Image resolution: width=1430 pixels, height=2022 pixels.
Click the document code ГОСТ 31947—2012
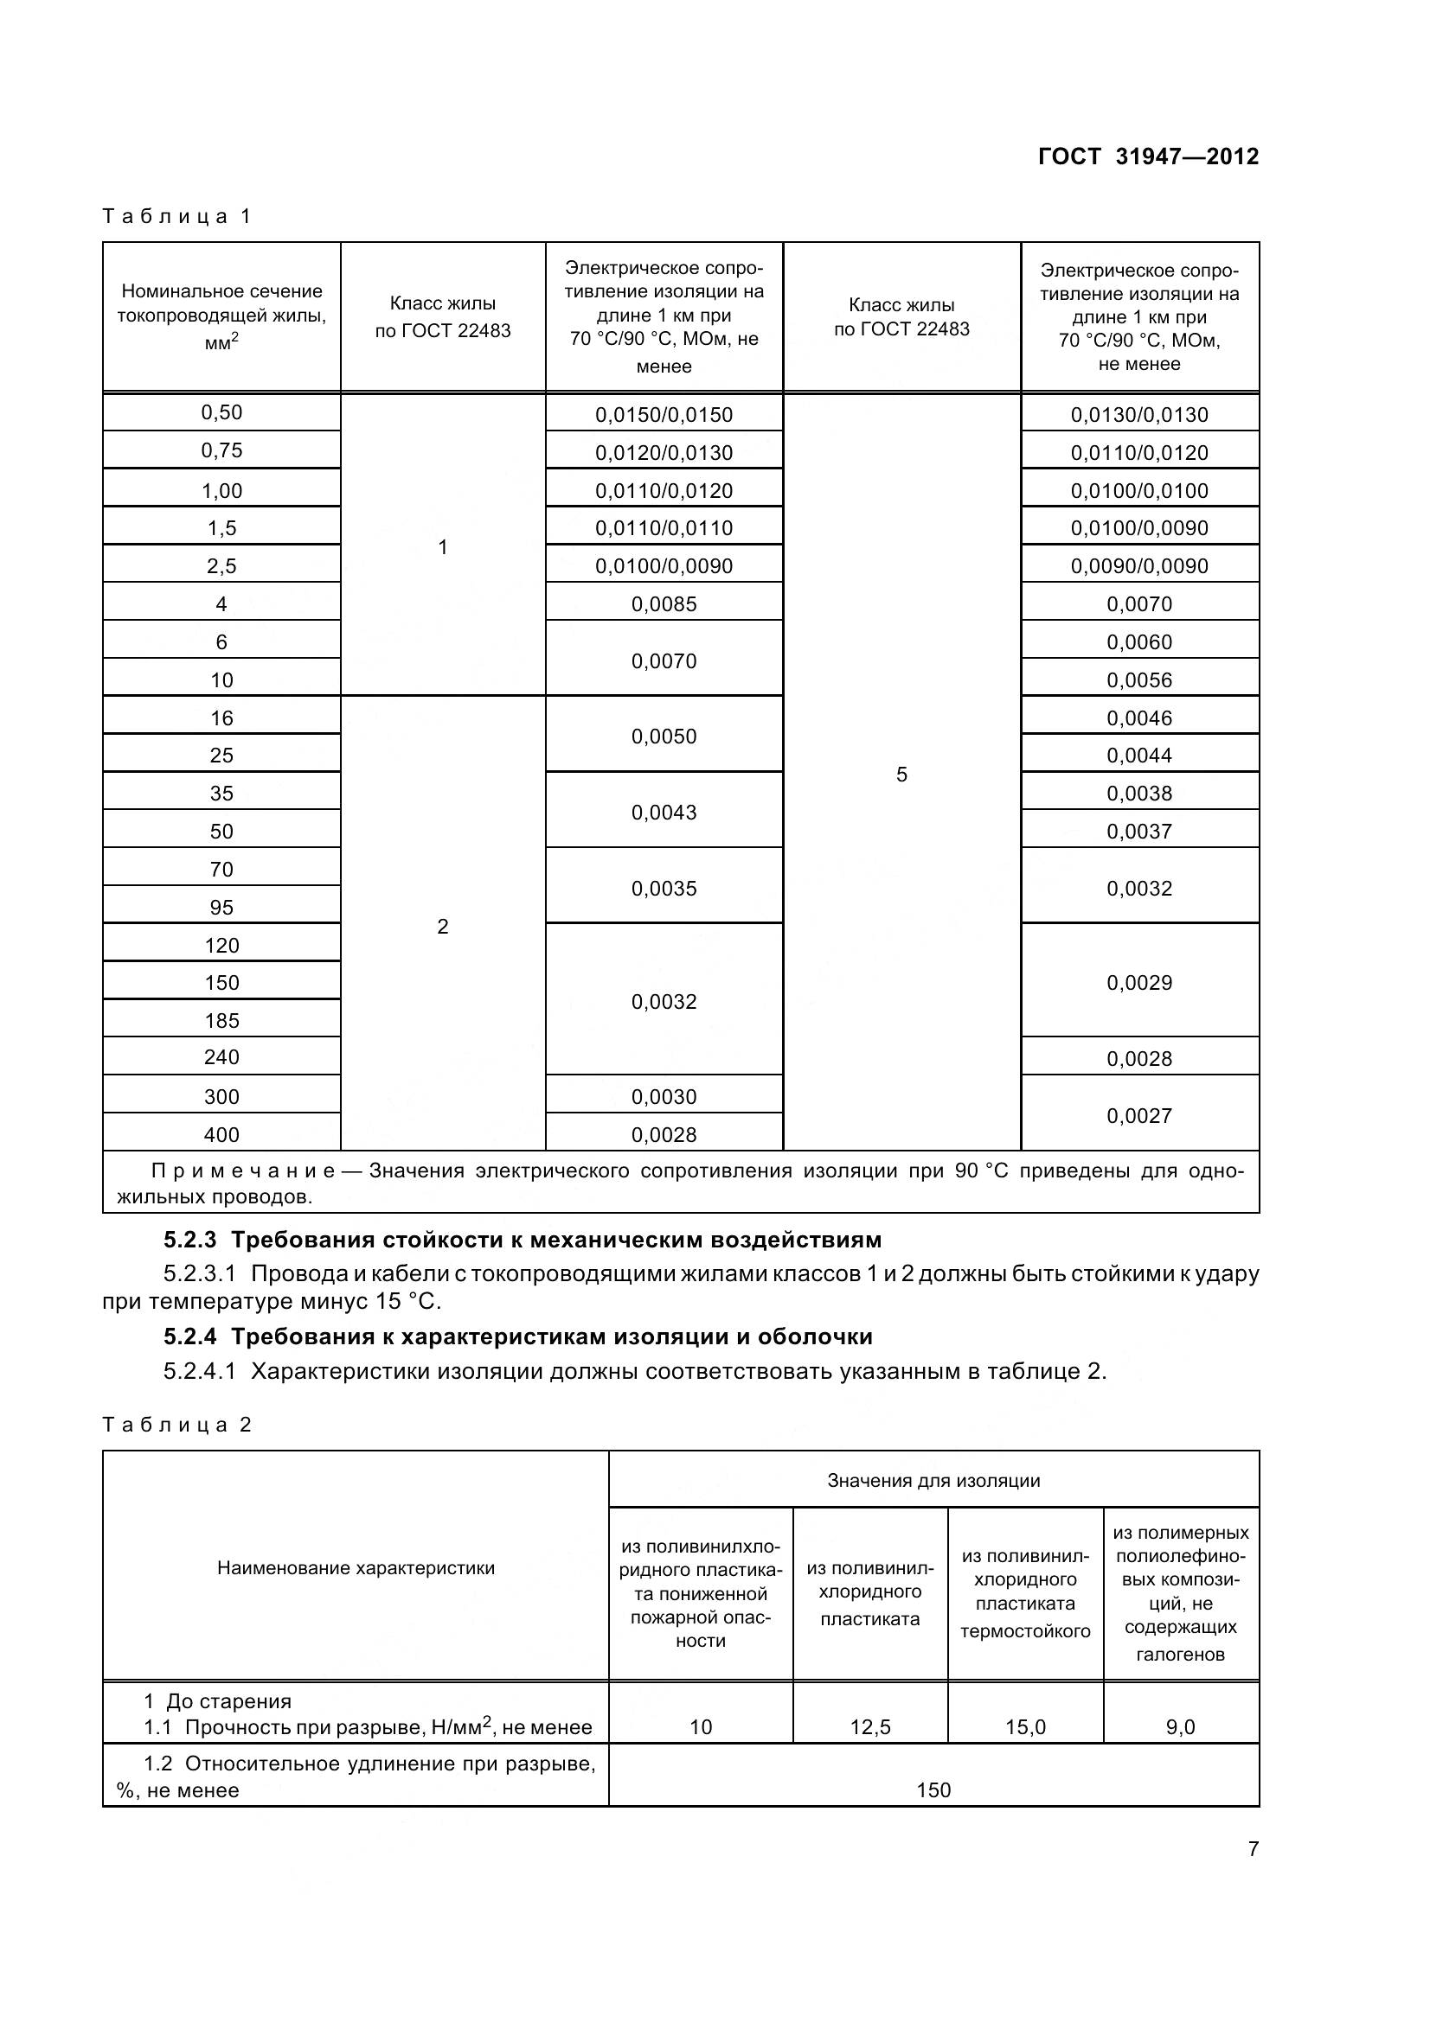pyautogui.click(x=1148, y=156)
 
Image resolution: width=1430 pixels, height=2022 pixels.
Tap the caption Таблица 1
pyautogui.click(x=177, y=217)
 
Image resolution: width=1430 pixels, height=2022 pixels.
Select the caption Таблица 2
pyautogui.click(x=177, y=1425)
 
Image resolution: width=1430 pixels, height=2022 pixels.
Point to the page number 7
pyautogui.click(x=1253, y=1848)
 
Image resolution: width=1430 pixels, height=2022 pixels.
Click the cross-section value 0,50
pyautogui.click(x=221, y=413)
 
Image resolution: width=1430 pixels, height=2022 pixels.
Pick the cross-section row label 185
pyautogui.click(x=221, y=1021)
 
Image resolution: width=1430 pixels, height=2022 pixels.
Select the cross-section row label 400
pyautogui.click(x=221, y=1135)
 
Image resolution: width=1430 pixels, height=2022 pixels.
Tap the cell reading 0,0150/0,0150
pyautogui.click(x=664, y=415)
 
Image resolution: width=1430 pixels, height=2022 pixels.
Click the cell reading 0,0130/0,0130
pyautogui.click(x=1139, y=415)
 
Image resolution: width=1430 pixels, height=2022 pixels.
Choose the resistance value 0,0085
pyautogui.click(x=664, y=604)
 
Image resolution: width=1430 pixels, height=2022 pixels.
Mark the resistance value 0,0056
pyautogui.click(x=1139, y=679)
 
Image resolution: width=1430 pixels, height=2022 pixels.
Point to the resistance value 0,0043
pyautogui.click(x=664, y=812)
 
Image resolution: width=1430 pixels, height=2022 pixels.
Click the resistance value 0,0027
pyautogui.click(x=1139, y=1116)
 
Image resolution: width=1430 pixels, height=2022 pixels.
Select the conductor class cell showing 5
pyautogui.click(x=901, y=774)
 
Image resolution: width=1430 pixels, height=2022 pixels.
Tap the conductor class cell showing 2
pyautogui.click(x=442, y=927)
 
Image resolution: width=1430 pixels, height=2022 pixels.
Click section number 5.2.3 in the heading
pyautogui.click(x=189, y=1240)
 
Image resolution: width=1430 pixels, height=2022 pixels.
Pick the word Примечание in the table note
pyautogui.click(x=243, y=1171)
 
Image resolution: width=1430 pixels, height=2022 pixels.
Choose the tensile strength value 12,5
pyautogui.click(x=869, y=1727)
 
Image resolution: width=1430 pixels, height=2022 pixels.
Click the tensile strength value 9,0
pyautogui.click(x=1180, y=1727)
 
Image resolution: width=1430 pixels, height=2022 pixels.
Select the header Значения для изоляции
pyautogui.click(x=933, y=1480)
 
